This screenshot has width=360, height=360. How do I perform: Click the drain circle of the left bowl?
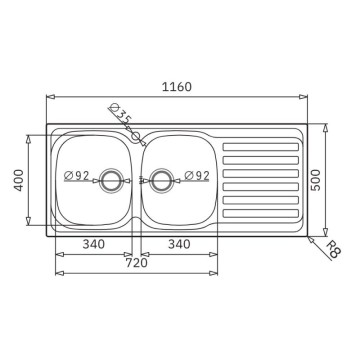tap(114, 179)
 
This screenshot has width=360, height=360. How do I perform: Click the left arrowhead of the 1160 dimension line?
tap(49, 97)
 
